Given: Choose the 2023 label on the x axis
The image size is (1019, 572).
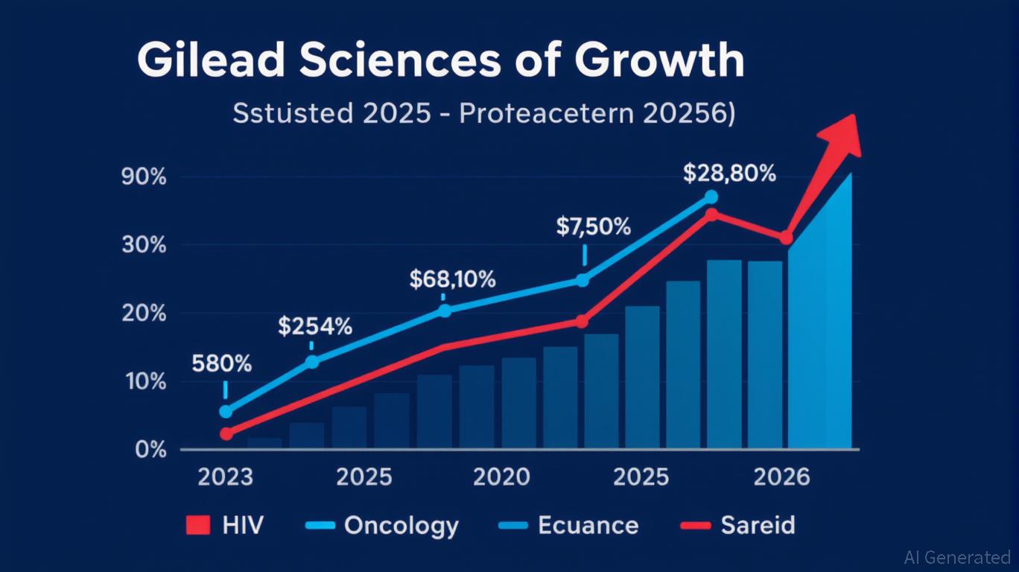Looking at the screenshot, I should point(226,477).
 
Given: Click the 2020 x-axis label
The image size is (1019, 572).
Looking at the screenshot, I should point(502,477).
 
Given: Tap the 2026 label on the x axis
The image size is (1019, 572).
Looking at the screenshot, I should point(781,477).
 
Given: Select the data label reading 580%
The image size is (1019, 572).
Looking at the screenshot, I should point(221,364).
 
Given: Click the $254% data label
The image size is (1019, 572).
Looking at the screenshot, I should point(315,325).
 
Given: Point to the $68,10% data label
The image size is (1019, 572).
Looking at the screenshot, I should point(452,279).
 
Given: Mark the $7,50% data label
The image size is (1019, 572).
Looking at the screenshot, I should point(593,226).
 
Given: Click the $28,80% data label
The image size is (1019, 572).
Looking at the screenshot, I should point(729,174).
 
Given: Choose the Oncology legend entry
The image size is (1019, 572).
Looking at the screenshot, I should point(382,526).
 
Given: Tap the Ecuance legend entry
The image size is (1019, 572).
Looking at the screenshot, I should point(568,526).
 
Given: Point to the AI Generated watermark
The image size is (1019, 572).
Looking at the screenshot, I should point(956,557).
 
